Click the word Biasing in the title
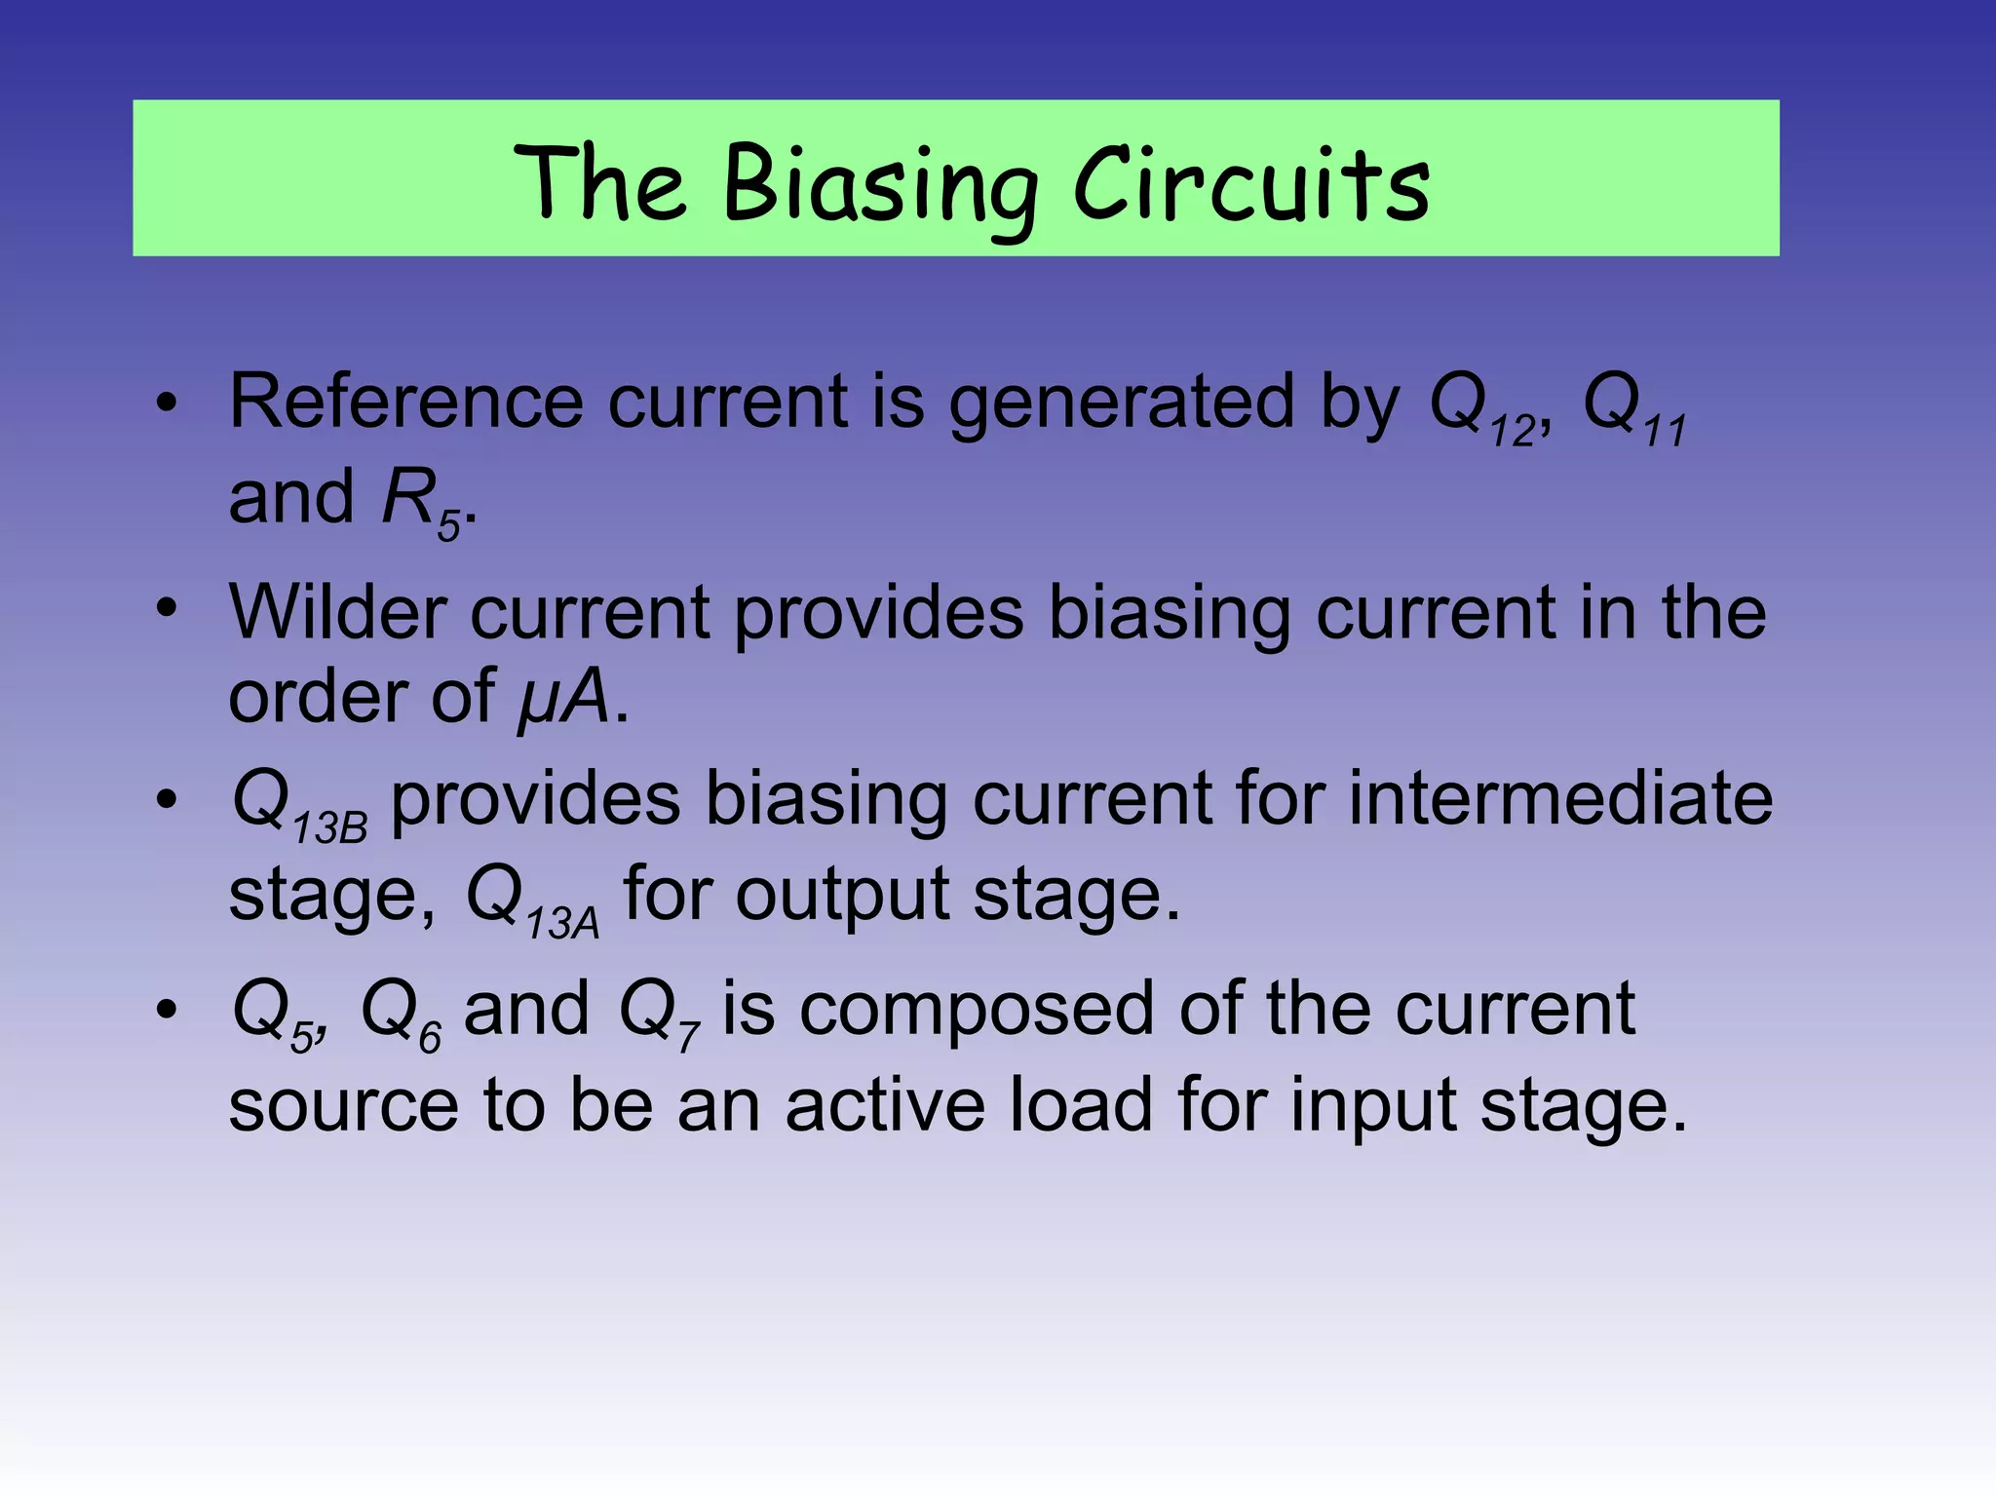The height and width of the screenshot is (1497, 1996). pyautogui.click(x=881, y=185)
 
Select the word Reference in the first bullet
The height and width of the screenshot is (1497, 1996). pyautogui.click(x=405, y=402)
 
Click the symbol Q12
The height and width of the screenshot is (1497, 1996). pyautogui.click(x=1481, y=409)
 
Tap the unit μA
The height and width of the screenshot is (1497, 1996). pyautogui.click(x=563, y=698)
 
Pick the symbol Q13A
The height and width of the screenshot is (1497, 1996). pyautogui.click(x=532, y=901)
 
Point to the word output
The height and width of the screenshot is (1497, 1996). pyautogui.click(x=841, y=895)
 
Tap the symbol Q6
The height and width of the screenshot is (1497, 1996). pyautogui.click(x=401, y=1015)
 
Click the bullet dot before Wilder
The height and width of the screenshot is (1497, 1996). pyautogui.click(x=167, y=608)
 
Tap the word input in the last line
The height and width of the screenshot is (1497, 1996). pyautogui.click(x=1373, y=1106)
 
